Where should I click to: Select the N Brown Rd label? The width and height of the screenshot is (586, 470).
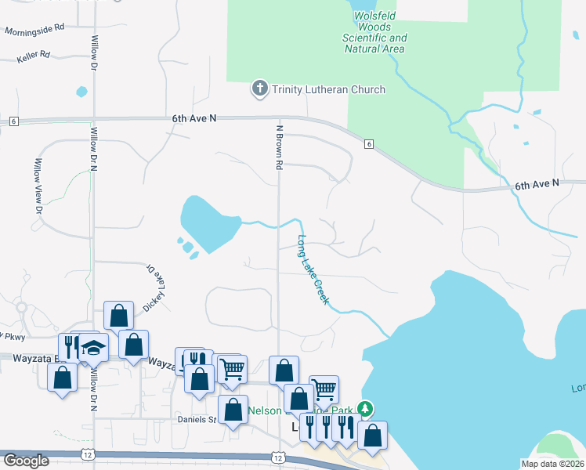pos(278,147)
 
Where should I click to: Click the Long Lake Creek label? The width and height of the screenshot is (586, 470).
pos(313,270)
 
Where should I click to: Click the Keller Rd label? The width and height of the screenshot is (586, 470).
pos(34,56)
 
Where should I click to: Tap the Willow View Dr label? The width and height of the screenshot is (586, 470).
pos(37,186)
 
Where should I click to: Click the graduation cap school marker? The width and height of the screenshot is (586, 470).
pos(93,347)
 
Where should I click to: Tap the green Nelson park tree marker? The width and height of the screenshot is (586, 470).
pos(364,409)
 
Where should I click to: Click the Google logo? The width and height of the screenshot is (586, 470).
pos(26,461)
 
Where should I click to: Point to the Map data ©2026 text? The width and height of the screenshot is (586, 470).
pos(552,464)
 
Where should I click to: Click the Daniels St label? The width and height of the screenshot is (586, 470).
pos(201,420)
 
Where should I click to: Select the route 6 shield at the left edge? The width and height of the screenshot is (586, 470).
pos(14,121)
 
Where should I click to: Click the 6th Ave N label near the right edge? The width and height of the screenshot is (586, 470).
pos(537,183)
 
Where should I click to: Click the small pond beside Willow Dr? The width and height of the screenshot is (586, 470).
pos(81,92)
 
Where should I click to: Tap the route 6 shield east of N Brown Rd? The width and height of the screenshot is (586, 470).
pos(368,144)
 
